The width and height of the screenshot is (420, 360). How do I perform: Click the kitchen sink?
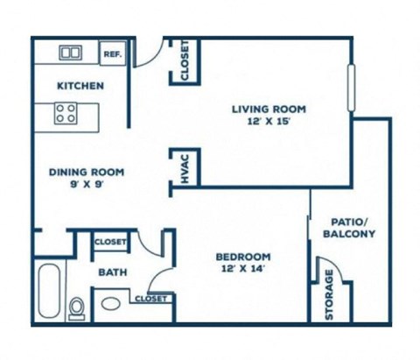coord(71,53)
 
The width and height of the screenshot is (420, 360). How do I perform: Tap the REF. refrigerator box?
coord(113,53)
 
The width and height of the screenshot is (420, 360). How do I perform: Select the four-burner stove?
coord(66,113)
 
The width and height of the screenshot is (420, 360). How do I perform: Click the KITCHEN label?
coord(80,86)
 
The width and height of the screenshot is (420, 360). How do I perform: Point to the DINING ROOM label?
coord(87,173)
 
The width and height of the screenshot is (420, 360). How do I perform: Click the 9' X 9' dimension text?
coord(87,185)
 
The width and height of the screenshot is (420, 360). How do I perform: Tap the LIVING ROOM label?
coord(269,109)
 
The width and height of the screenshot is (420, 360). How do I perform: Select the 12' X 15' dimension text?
coord(269,121)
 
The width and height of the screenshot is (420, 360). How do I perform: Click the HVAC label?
coord(185,169)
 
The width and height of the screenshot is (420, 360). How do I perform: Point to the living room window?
coord(351,88)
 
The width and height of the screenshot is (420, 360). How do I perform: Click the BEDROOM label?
coord(243,257)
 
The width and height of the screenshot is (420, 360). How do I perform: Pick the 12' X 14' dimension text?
coord(243,269)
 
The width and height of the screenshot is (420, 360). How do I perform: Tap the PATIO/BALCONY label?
coord(349,228)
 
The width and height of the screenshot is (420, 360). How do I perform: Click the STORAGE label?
coord(329,294)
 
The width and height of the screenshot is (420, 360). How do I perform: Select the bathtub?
coord(49,291)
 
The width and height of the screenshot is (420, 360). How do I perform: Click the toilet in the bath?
coord(77,308)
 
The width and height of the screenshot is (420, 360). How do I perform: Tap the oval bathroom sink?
coord(111,304)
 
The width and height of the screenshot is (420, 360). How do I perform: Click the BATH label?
coord(113,272)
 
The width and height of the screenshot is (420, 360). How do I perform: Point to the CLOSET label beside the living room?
coord(185,60)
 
